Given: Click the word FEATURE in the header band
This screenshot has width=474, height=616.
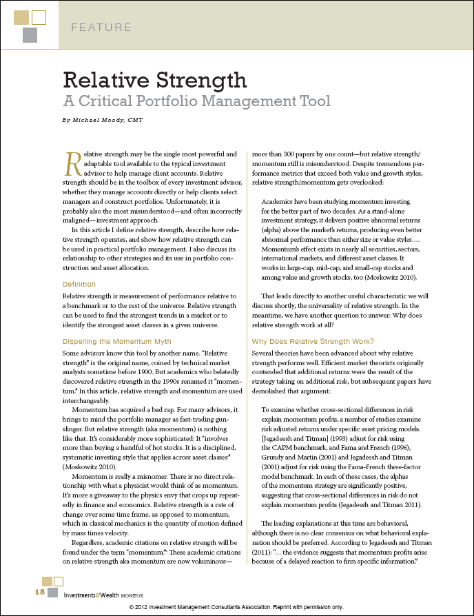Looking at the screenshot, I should coord(101,28).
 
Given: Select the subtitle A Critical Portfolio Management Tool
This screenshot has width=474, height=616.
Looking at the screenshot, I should coord(196,101).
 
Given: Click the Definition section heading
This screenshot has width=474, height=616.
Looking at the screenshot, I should coord(79,284).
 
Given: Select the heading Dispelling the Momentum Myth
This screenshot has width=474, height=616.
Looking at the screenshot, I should coord(116,342).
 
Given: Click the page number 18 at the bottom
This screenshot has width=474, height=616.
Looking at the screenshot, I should coord(39,593).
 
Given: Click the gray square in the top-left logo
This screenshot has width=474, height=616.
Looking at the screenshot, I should coord(30,35).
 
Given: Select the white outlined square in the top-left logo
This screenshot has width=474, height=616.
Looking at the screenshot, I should coord(39,17).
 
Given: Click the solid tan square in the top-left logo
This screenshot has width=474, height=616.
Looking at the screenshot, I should coord(21,17).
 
